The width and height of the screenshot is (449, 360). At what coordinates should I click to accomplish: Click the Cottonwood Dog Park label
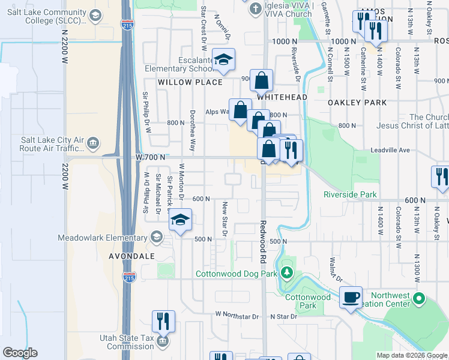pos(237,274)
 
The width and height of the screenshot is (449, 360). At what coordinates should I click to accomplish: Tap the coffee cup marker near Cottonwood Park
pos(351,296)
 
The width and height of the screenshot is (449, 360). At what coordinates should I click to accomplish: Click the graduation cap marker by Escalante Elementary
pos(223,59)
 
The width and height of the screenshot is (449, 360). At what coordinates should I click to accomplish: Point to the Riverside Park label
pos(350,194)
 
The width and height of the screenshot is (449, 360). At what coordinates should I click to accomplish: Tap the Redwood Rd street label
pos(263,242)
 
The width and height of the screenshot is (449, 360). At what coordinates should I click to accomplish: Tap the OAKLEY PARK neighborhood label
pos(357,103)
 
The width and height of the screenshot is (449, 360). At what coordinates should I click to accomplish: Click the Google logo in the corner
pos(20,352)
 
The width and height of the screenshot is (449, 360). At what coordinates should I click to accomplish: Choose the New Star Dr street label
pos(224,217)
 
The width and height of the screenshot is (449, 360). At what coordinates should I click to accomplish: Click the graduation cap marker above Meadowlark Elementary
pos(179,220)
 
